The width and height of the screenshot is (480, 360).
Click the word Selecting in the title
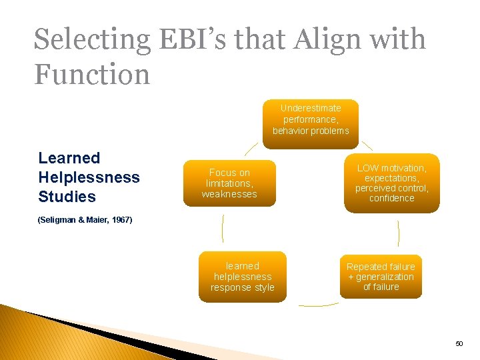click(x=92, y=40)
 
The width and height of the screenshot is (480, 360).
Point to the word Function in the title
click(x=92, y=74)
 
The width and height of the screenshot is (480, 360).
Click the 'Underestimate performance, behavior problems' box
click(x=311, y=119)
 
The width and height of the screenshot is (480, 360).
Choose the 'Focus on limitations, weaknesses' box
click(x=229, y=183)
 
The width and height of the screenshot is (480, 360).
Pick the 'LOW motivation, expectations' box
click(x=391, y=183)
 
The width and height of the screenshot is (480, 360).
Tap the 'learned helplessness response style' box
click(x=242, y=277)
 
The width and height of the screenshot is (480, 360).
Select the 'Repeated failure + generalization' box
click(x=381, y=277)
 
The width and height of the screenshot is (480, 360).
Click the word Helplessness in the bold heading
click(x=89, y=177)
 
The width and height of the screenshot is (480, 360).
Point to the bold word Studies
click(x=67, y=197)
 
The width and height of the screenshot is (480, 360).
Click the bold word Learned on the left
click(x=69, y=158)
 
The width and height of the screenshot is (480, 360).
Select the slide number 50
click(x=459, y=343)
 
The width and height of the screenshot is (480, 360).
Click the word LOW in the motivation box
click(x=368, y=169)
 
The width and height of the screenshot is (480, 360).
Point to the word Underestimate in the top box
click(x=311, y=108)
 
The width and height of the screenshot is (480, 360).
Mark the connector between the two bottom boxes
click(x=319, y=305)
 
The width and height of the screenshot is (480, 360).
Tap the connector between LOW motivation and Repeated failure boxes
click(x=398, y=233)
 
